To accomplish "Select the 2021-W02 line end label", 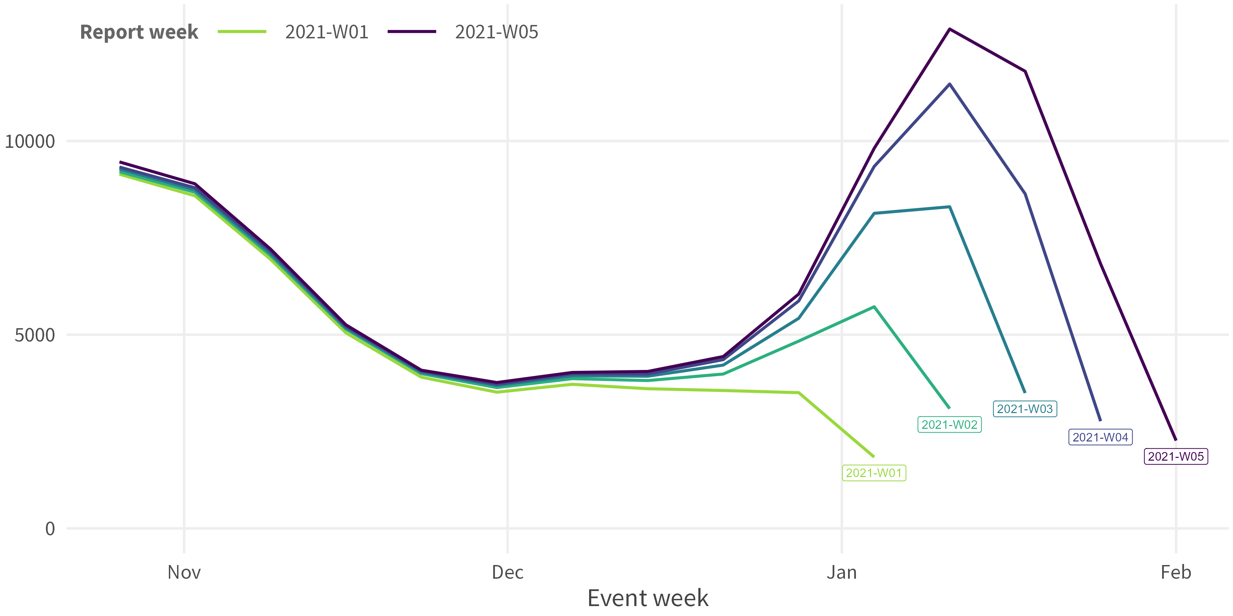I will [x=949, y=424].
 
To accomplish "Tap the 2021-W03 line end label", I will [x=1025, y=409].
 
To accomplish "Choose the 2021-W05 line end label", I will [x=1175, y=456].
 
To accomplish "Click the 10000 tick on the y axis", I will [x=30, y=142].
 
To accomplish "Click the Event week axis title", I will [x=648, y=598].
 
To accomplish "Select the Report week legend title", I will [x=139, y=32].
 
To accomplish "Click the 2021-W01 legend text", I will [x=326, y=32].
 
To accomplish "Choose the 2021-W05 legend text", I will [x=496, y=32].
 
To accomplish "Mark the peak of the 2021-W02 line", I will [x=874, y=307].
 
